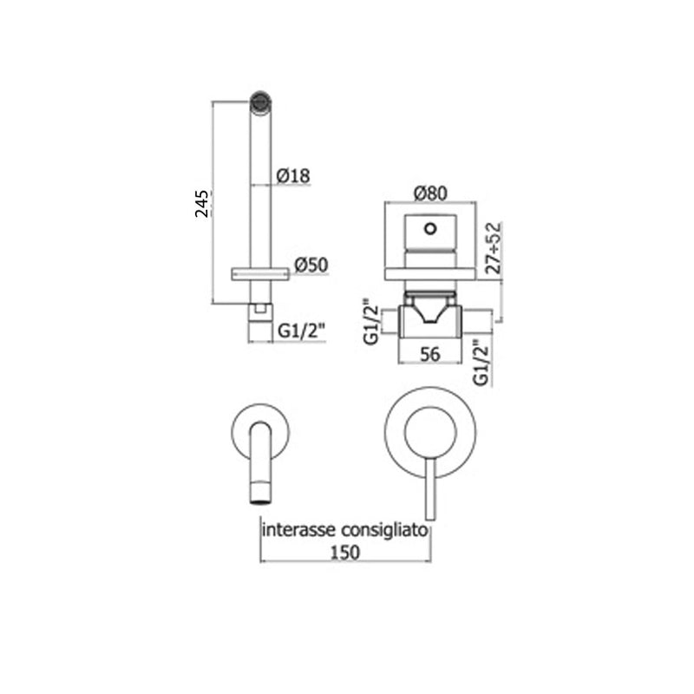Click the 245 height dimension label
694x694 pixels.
click(x=202, y=204)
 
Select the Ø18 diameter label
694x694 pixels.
click(x=293, y=176)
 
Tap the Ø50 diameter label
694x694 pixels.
click(x=311, y=265)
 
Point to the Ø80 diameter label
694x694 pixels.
click(x=430, y=193)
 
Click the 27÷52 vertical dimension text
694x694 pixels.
click(x=494, y=247)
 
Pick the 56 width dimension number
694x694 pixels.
click(x=430, y=354)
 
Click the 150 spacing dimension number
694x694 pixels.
click(x=345, y=553)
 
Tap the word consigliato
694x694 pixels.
click(x=385, y=530)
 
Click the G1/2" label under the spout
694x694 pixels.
click(x=302, y=331)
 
